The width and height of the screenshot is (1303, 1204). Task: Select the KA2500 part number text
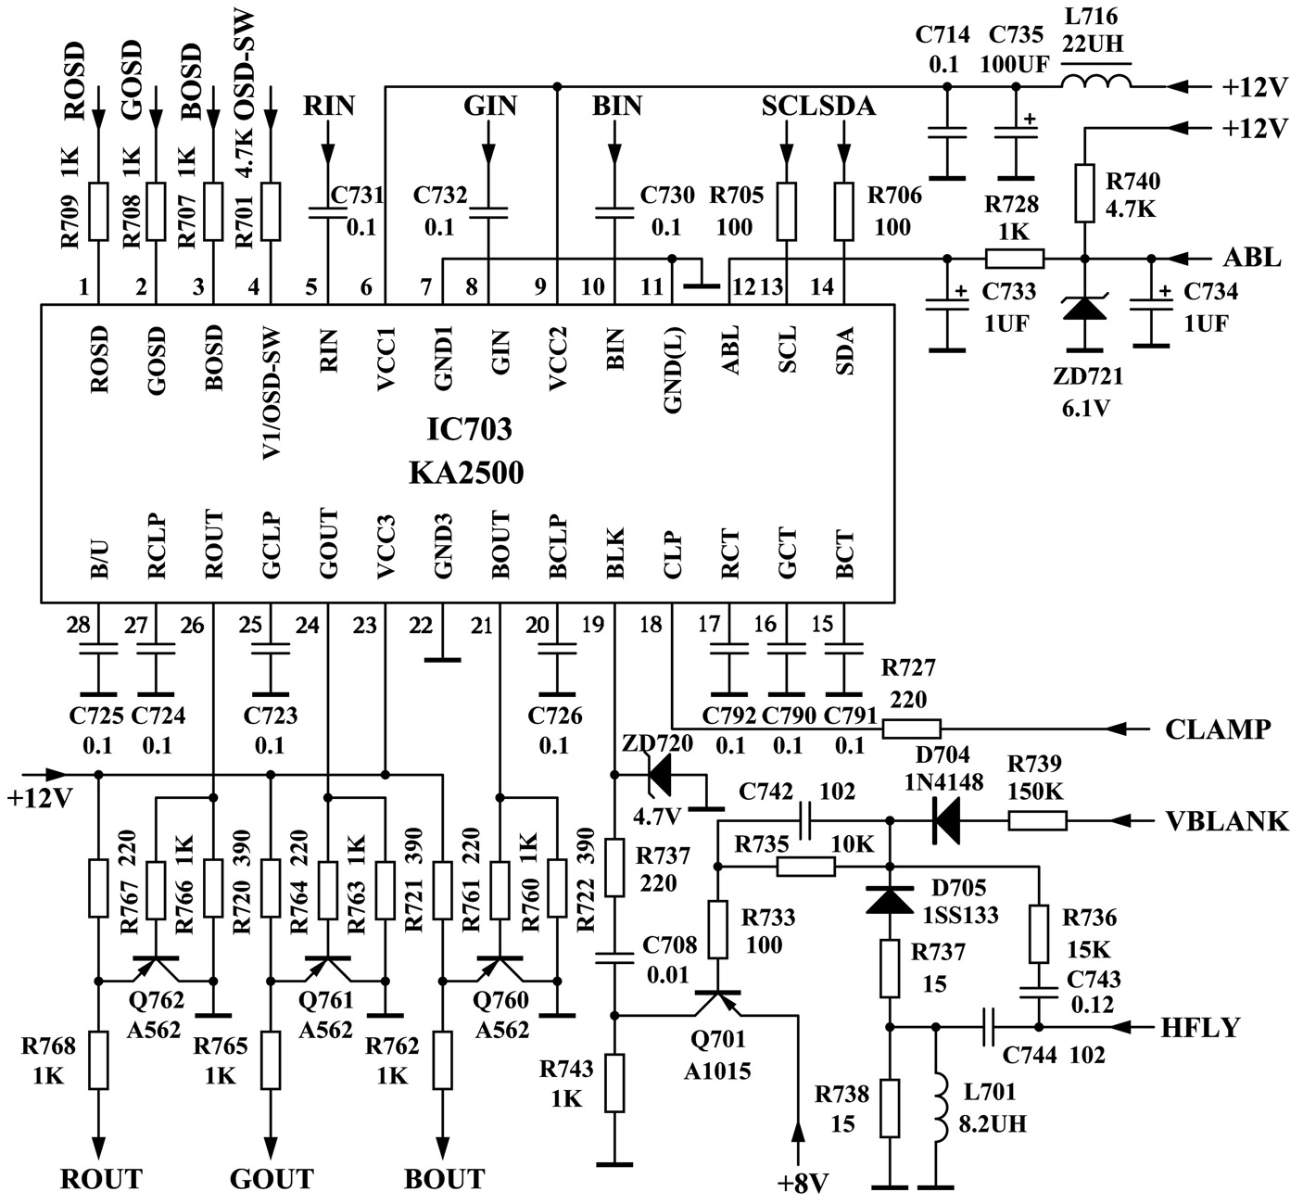466,474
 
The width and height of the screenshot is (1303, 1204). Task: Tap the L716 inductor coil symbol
1095,83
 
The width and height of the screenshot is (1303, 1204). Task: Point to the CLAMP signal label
1217,730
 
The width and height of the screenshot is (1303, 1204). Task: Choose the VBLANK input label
1226,821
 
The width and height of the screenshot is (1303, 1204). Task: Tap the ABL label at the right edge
1252,259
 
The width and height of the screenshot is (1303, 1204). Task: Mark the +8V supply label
802,1184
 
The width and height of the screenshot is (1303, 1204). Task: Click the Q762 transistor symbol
155,968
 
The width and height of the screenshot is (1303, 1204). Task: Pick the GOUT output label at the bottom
272,1179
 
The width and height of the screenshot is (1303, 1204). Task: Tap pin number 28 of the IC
79,626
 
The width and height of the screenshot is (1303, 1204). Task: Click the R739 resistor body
1038,820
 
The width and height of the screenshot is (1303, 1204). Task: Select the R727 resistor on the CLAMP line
911,729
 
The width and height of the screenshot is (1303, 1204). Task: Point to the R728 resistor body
1015,259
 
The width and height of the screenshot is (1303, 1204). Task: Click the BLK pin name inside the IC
615,554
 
